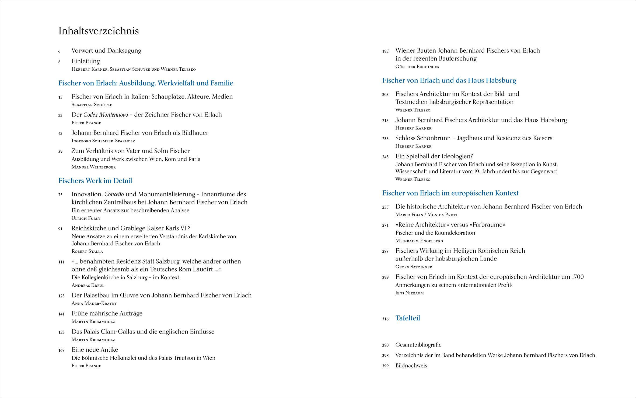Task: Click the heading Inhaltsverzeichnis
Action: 99,31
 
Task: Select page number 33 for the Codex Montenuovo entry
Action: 60,115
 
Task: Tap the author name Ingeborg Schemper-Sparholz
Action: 103,141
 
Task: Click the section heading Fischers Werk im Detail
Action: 95,181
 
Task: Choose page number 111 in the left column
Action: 61,262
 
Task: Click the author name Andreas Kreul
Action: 88,285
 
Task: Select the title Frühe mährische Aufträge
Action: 107,313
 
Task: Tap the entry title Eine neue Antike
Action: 95,350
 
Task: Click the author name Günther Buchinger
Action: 417,67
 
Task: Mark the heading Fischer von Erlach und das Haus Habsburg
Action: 449,80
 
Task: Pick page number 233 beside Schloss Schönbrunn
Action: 385,139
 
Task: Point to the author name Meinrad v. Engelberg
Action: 419,241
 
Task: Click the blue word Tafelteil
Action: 408,318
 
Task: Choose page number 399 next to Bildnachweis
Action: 385,366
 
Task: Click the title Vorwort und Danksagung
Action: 106,51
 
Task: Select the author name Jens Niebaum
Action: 410,293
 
